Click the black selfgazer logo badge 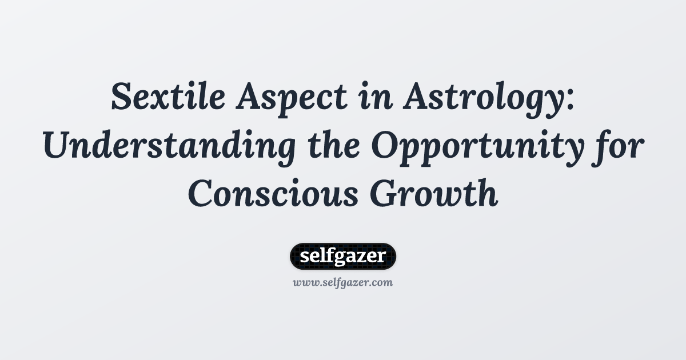pos(343,256)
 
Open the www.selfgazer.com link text pos(343,282)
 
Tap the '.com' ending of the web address pos(381,282)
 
